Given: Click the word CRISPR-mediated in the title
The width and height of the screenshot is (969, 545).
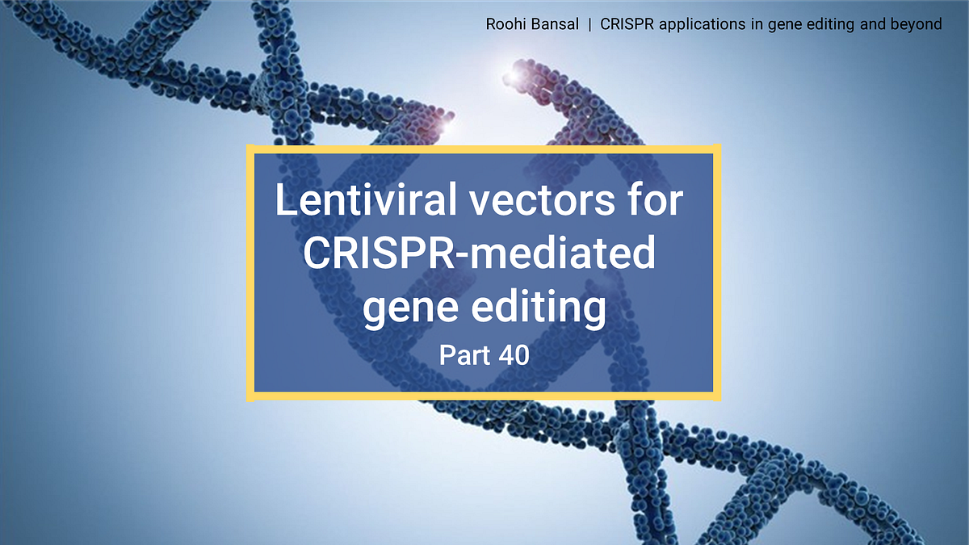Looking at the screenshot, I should tap(479, 255).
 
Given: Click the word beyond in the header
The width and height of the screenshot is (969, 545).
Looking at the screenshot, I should tap(917, 25).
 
